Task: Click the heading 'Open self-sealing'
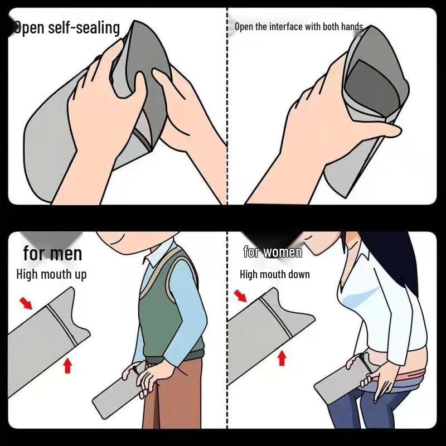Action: [67, 27]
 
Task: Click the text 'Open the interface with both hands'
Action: [298, 27]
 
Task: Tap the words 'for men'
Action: [52, 254]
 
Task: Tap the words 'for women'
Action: [273, 252]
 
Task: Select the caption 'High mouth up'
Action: [51, 274]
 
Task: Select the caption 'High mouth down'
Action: [274, 274]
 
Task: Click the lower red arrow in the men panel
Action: [67, 365]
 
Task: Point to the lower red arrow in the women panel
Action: [282, 357]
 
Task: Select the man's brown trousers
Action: [167, 401]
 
